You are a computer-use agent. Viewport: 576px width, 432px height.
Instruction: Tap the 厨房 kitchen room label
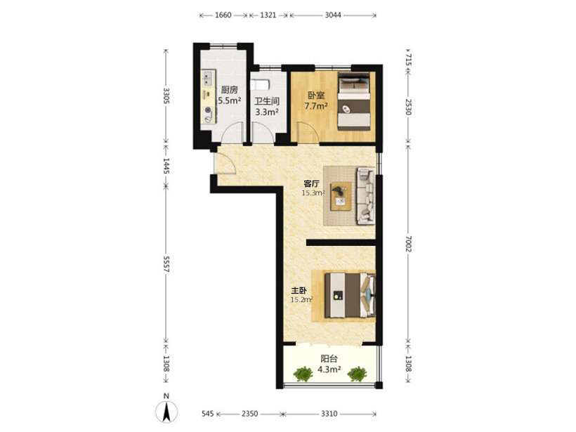pos(229,90)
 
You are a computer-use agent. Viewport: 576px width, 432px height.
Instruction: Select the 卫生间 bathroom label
pos(267,101)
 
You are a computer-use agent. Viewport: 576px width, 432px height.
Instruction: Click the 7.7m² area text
pos(316,106)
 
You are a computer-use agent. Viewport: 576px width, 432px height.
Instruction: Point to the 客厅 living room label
pos(311,183)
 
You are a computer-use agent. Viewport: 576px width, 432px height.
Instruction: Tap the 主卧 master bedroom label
pos(299,291)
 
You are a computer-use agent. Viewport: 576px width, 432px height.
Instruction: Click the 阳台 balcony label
pos(329,359)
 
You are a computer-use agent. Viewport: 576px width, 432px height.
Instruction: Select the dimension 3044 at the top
pos(333,15)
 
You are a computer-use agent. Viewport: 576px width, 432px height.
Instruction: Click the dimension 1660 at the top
pos(223,15)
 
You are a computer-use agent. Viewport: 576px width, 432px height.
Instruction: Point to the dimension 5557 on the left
pos(166,264)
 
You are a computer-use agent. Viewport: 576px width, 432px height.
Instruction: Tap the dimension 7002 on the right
pos(409,244)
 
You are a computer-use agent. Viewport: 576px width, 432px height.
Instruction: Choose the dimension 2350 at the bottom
pos(249,414)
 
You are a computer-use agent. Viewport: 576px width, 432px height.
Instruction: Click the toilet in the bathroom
pos(260,85)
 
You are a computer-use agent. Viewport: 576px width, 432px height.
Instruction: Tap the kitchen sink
pos(209,78)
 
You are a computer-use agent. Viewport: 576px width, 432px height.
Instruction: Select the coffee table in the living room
pos(341,197)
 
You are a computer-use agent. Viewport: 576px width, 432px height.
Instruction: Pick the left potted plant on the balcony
pos(303,374)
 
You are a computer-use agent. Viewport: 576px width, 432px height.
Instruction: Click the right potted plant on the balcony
pos(357,374)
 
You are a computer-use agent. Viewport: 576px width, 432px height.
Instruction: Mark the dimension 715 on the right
pos(409,60)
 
